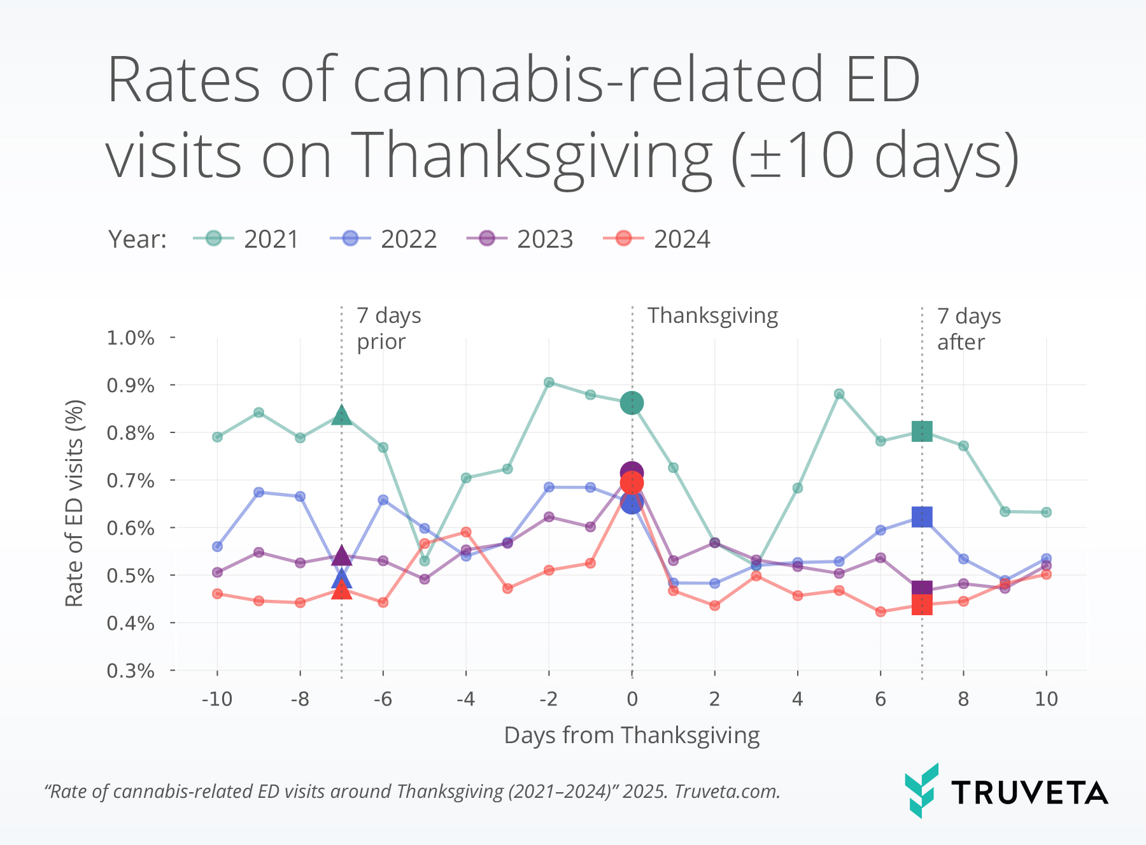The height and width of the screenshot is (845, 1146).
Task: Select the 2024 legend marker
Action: (x=623, y=239)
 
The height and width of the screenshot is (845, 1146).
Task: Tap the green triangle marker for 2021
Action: (x=341, y=416)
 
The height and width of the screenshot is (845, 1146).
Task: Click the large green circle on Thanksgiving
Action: (x=632, y=403)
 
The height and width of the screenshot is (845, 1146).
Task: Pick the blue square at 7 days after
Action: (x=922, y=517)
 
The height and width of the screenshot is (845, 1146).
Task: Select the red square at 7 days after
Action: (x=922, y=605)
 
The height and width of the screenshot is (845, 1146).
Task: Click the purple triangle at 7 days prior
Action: (x=341, y=556)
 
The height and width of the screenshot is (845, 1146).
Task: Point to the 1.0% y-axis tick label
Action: (x=131, y=337)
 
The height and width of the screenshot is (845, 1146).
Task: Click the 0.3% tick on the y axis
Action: (x=131, y=671)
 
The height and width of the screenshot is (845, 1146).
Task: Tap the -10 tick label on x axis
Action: (x=217, y=699)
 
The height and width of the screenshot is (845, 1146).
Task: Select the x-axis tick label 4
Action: (x=797, y=699)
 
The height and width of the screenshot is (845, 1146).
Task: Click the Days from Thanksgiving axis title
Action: (x=632, y=735)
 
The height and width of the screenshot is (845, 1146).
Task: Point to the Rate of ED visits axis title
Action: (x=74, y=503)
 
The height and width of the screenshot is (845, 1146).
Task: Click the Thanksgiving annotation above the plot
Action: (x=712, y=316)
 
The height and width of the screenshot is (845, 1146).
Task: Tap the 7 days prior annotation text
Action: (x=388, y=329)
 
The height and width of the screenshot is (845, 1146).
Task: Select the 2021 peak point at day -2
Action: (x=549, y=382)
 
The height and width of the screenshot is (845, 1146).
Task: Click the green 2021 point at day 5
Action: (x=839, y=394)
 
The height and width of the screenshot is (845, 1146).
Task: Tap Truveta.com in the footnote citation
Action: (x=726, y=792)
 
